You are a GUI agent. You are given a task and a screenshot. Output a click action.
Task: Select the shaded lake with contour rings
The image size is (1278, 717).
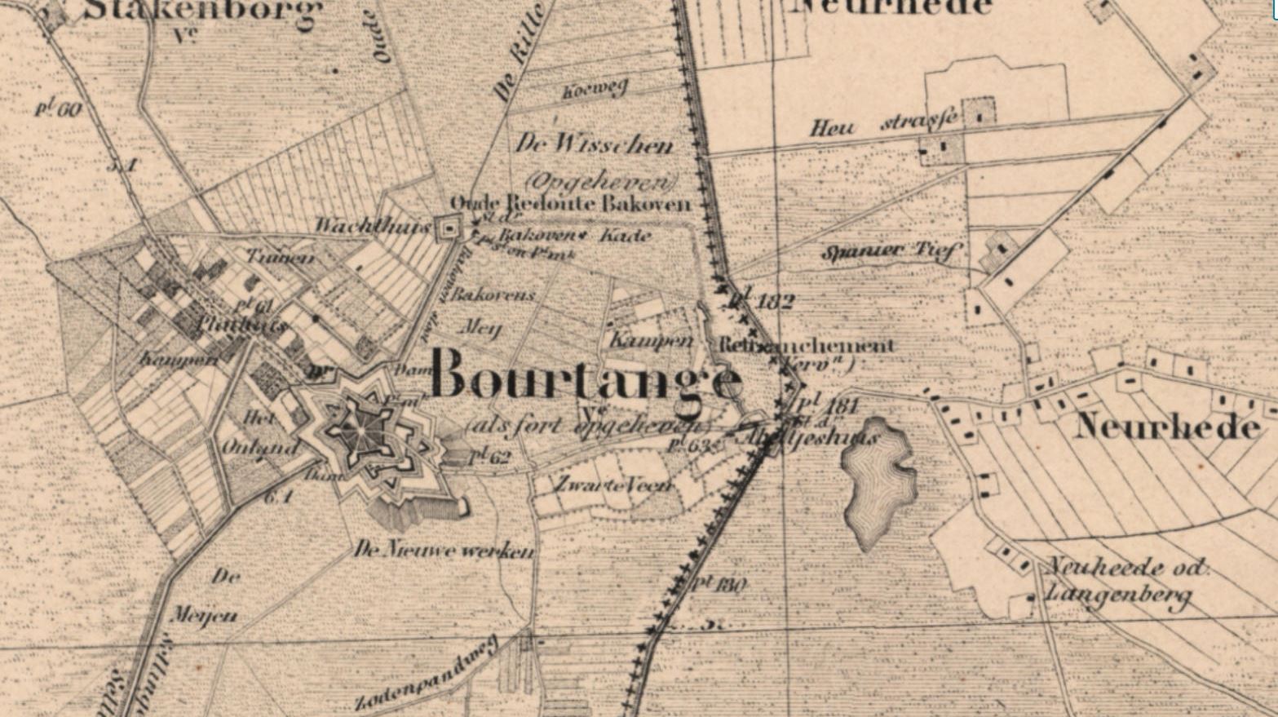click(x=878, y=481)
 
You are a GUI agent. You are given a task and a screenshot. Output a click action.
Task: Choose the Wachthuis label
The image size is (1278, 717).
click(x=372, y=226)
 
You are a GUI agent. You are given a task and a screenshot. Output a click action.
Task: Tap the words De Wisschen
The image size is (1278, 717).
click(x=595, y=144)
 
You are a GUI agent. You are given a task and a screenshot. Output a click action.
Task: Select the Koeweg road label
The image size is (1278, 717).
click(x=595, y=89)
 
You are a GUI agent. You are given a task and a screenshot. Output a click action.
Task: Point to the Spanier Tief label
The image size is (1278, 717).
click(x=891, y=251)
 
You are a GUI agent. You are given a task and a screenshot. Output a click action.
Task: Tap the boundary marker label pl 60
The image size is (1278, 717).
click(x=58, y=108)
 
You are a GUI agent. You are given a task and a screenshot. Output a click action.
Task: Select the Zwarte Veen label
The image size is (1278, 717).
click(x=612, y=485)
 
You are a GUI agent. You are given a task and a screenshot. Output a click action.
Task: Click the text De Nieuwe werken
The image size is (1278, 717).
click(x=444, y=550)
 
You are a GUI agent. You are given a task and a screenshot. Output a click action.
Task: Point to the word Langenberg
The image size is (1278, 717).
click(x=1117, y=596)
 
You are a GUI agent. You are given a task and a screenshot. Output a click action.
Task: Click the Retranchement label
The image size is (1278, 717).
click(x=806, y=345)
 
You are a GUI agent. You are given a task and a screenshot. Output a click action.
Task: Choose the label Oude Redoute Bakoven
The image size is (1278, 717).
click(x=570, y=204)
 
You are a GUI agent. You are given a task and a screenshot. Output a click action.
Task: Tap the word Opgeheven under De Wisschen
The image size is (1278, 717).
click(x=602, y=180)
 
